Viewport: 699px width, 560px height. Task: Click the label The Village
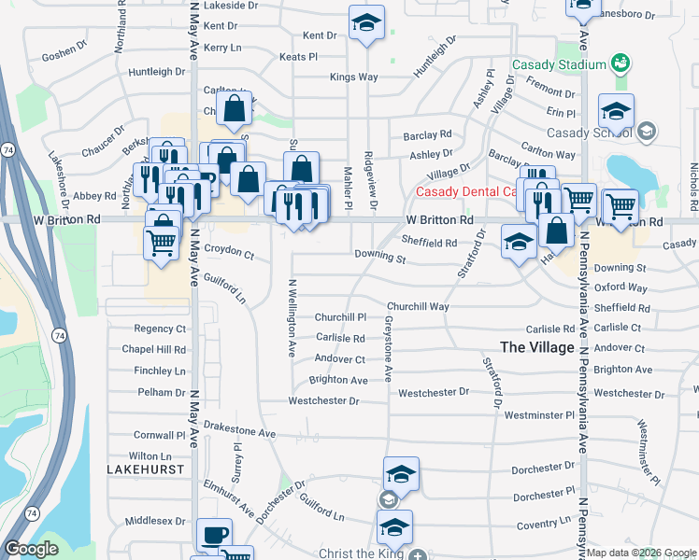pos(537,346)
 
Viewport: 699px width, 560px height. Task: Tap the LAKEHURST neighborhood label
pos(145,469)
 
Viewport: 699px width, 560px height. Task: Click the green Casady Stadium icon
pos(619,63)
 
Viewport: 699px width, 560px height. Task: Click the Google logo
pos(31,549)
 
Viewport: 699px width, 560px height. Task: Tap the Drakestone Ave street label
pos(240,432)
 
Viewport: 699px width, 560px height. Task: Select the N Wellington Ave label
pos(292,318)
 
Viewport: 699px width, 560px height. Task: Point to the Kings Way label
pos(353,77)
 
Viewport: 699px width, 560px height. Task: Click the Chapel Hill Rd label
pos(154,349)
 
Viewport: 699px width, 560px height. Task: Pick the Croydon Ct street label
pos(229,252)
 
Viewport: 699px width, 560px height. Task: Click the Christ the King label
pos(360,553)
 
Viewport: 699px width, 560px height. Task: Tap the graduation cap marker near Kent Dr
pos(366,22)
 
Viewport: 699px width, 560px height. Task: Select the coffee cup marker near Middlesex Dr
pos(215,535)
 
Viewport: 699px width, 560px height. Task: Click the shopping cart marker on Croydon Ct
pos(161,245)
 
